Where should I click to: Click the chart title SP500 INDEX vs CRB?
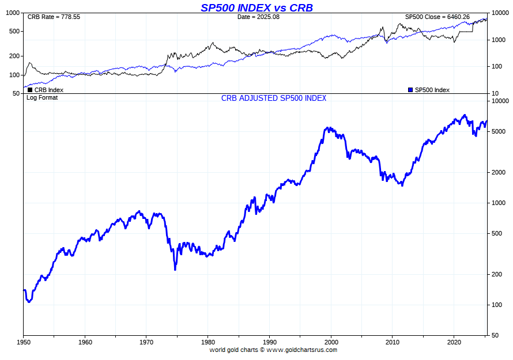click(x=256, y=7)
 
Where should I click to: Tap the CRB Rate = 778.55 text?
click(x=54, y=17)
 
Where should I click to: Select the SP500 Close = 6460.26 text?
click(x=437, y=17)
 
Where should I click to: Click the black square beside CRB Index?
click(x=30, y=90)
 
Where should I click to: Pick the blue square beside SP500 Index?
click(x=410, y=90)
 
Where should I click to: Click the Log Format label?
click(x=42, y=98)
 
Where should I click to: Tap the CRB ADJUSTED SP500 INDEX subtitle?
click(x=274, y=98)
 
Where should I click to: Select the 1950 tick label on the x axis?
click(x=24, y=342)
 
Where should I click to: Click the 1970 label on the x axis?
click(x=146, y=342)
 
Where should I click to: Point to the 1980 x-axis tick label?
click(x=208, y=342)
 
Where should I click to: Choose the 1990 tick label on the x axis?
click(x=269, y=342)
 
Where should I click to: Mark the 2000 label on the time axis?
click(x=331, y=342)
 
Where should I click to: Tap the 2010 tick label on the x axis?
click(x=393, y=342)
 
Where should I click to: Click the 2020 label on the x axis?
click(x=454, y=342)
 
